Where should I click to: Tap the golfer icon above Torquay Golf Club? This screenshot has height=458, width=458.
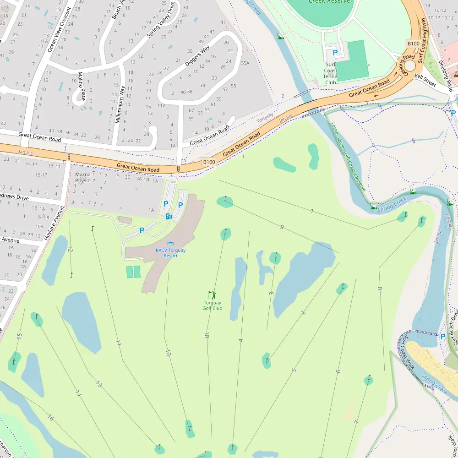[212, 295]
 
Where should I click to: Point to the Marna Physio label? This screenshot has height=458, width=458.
[83, 177]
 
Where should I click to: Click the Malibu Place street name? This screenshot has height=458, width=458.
[82, 86]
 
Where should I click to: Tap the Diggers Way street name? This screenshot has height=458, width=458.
[197, 56]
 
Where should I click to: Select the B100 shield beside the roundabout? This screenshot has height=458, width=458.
[413, 43]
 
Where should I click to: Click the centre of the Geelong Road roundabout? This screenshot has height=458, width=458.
[409, 65]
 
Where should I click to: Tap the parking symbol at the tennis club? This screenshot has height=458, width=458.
[335, 53]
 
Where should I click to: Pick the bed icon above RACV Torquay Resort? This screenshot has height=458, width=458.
[171, 244]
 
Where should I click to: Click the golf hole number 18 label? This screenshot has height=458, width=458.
[207, 335]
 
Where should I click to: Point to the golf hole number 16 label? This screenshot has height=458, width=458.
[50, 418]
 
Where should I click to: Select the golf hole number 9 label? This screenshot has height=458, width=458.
[282, 227]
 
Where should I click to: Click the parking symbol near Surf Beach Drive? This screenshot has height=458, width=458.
[442, 336]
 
